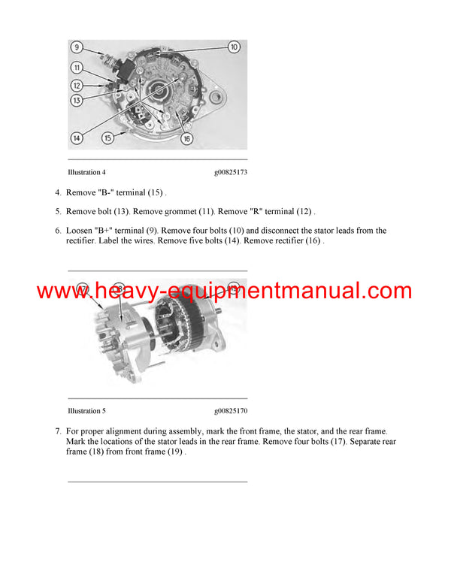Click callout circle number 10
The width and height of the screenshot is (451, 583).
[233, 47]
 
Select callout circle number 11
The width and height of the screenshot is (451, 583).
[77, 68]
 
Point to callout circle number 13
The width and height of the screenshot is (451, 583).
[77, 100]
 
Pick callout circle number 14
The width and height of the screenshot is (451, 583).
[77, 137]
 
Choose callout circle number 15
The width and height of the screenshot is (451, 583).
[108, 138]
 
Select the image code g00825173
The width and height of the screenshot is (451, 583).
[230, 173]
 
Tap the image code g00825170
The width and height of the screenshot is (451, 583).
[230, 411]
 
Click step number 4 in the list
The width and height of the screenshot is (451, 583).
[58, 193]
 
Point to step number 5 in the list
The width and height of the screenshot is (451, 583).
[58, 212]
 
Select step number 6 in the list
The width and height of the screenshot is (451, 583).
[58, 231]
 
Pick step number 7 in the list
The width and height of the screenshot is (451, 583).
[58, 431]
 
